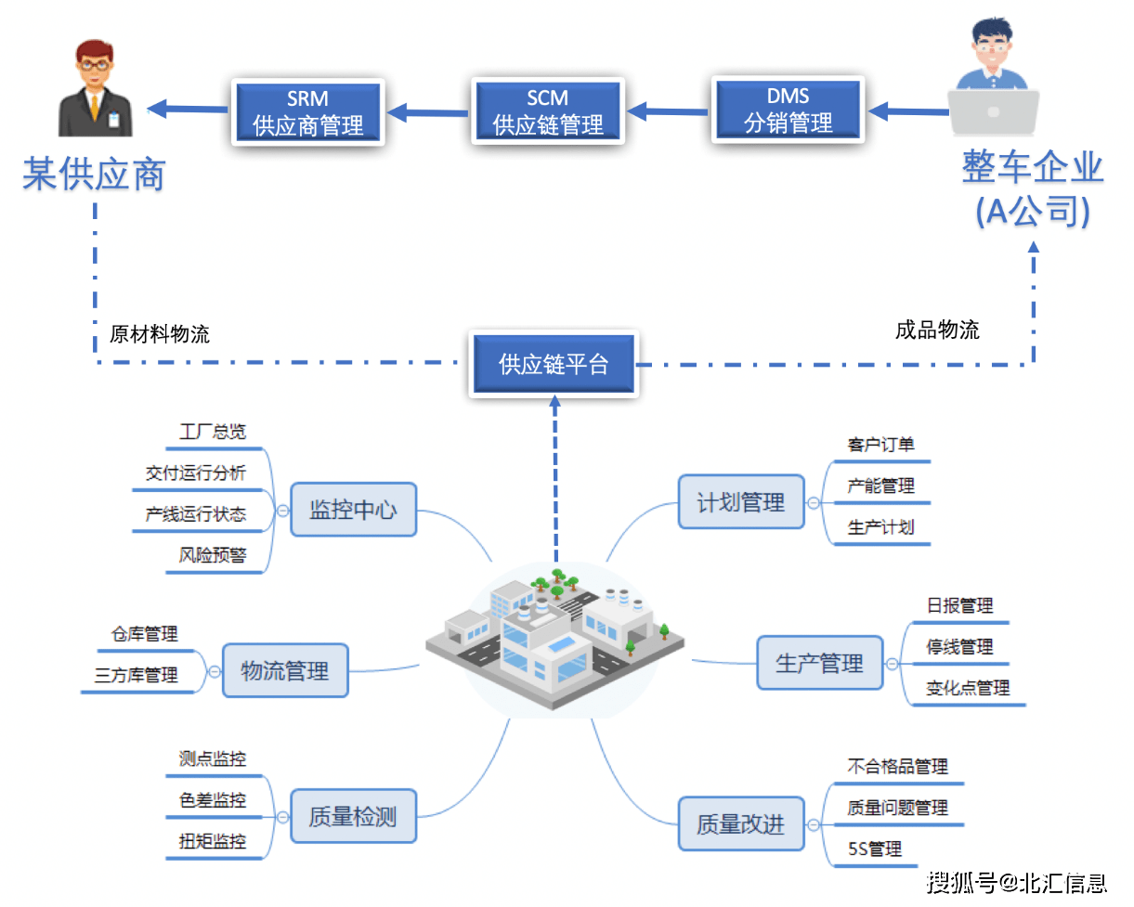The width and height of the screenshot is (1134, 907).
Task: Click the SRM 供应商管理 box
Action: [x=307, y=111]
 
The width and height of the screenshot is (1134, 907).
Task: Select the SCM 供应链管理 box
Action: [x=548, y=111]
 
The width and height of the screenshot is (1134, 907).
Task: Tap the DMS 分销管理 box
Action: [x=789, y=110]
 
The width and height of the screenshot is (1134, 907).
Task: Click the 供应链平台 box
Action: [x=554, y=364]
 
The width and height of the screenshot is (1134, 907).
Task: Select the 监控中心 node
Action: [x=353, y=510]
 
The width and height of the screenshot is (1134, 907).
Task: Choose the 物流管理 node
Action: [x=284, y=670]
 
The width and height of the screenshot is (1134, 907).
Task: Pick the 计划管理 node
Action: [x=740, y=502]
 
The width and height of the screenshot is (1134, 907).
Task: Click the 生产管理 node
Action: [x=819, y=663]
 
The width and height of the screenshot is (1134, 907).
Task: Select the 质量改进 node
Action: [x=740, y=823]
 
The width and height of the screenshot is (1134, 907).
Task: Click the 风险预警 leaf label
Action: [x=213, y=556]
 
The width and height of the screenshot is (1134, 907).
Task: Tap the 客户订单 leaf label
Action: [x=880, y=445]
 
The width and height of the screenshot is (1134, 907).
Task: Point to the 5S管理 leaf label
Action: [x=875, y=849]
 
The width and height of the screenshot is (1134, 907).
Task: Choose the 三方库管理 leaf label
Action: [x=137, y=676]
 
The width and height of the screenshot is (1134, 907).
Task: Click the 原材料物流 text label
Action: [x=160, y=334]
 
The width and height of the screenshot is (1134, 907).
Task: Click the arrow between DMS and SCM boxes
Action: [x=669, y=112]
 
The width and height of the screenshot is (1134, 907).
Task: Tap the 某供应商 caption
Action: [x=94, y=174]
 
